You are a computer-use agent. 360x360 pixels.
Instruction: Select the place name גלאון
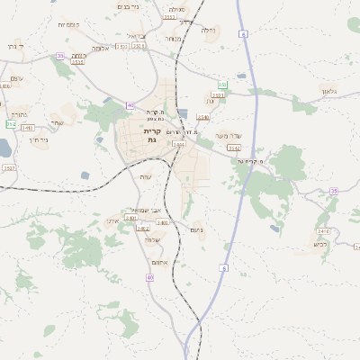pyautogui.click(x=329, y=93)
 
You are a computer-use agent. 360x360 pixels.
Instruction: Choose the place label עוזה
pyautogui.click(x=146, y=176)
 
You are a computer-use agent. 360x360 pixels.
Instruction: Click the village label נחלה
pyautogui.click(x=208, y=31)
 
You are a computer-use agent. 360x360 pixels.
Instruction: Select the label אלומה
pyautogui.click(x=100, y=48)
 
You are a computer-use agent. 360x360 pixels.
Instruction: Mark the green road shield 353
pyautogui.click(x=222, y=85)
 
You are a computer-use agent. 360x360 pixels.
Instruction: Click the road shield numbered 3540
pyautogui.click(x=202, y=116)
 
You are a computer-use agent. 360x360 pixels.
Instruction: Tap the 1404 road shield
pyautogui.click(x=179, y=143)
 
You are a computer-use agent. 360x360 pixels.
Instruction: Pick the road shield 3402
pyautogui.click(x=142, y=229)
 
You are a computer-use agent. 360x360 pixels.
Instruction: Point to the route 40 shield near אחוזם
pyautogui.click(x=150, y=278)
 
